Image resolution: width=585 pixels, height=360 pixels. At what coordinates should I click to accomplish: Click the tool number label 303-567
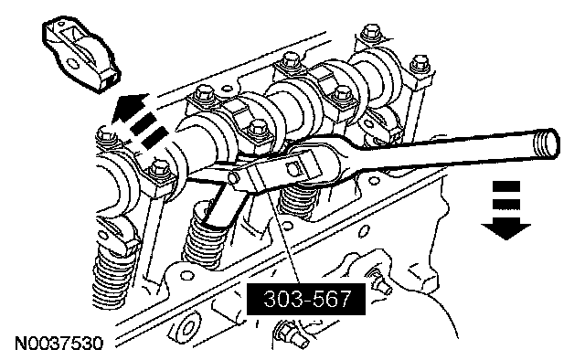pyautogui.click(x=307, y=299)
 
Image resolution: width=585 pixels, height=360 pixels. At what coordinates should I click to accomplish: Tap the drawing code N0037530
pyautogui.click(x=58, y=344)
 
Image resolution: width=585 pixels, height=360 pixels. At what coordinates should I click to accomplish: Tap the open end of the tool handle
pyautogui.click(x=548, y=143)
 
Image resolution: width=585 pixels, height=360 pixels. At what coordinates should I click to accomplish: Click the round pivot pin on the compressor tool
pyautogui.click(x=234, y=177)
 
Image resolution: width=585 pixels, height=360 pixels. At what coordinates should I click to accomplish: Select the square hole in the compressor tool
pyautogui.click(x=293, y=168)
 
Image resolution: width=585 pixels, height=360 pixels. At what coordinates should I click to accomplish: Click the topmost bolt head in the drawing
pyautogui.click(x=371, y=33)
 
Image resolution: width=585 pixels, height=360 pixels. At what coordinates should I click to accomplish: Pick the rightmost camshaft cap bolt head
pyautogui.click(x=420, y=64)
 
